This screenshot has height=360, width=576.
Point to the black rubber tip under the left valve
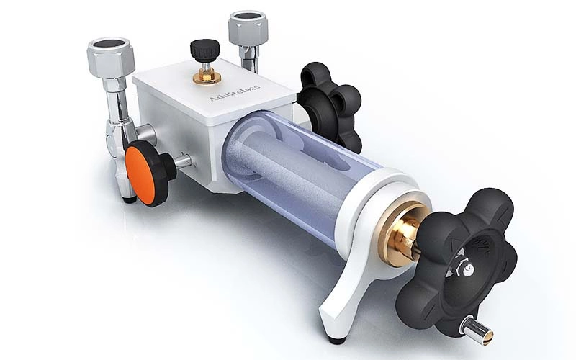pos(127,196)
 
